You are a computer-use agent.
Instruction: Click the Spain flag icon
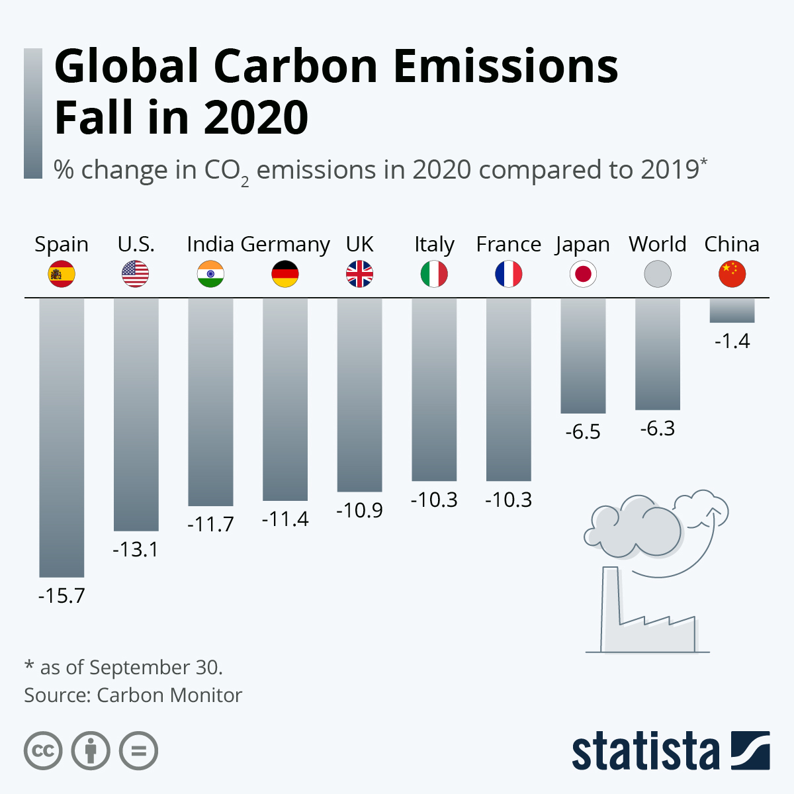click(x=62, y=274)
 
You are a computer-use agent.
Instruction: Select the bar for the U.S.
click(x=136, y=414)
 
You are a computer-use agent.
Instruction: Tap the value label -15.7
click(x=62, y=595)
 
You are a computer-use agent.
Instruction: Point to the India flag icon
click(x=210, y=274)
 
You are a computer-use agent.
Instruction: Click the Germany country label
click(x=285, y=245)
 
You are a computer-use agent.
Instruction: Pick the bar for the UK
click(x=359, y=394)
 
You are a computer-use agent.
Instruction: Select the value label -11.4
click(x=285, y=519)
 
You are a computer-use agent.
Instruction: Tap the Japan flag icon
click(x=583, y=274)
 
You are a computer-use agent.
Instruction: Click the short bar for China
click(x=732, y=310)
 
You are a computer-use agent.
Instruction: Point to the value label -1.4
click(x=732, y=341)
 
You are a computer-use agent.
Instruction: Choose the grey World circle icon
click(x=658, y=274)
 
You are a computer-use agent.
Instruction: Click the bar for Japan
click(x=583, y=356)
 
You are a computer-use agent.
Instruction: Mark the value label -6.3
click(x=658, y=429)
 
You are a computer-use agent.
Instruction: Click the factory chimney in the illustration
click(x=610, y=605)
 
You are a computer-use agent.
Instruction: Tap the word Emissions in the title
click(x=506, y=66)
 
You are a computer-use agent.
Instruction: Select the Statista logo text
click(x=645, y=751)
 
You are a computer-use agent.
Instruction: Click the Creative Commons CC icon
click(x=44, y=751)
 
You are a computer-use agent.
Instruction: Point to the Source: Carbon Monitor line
click(x=133, y=695)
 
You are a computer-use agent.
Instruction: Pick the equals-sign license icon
click(x=139, y=751)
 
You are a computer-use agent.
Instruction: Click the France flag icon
click(x=508, y=274)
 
